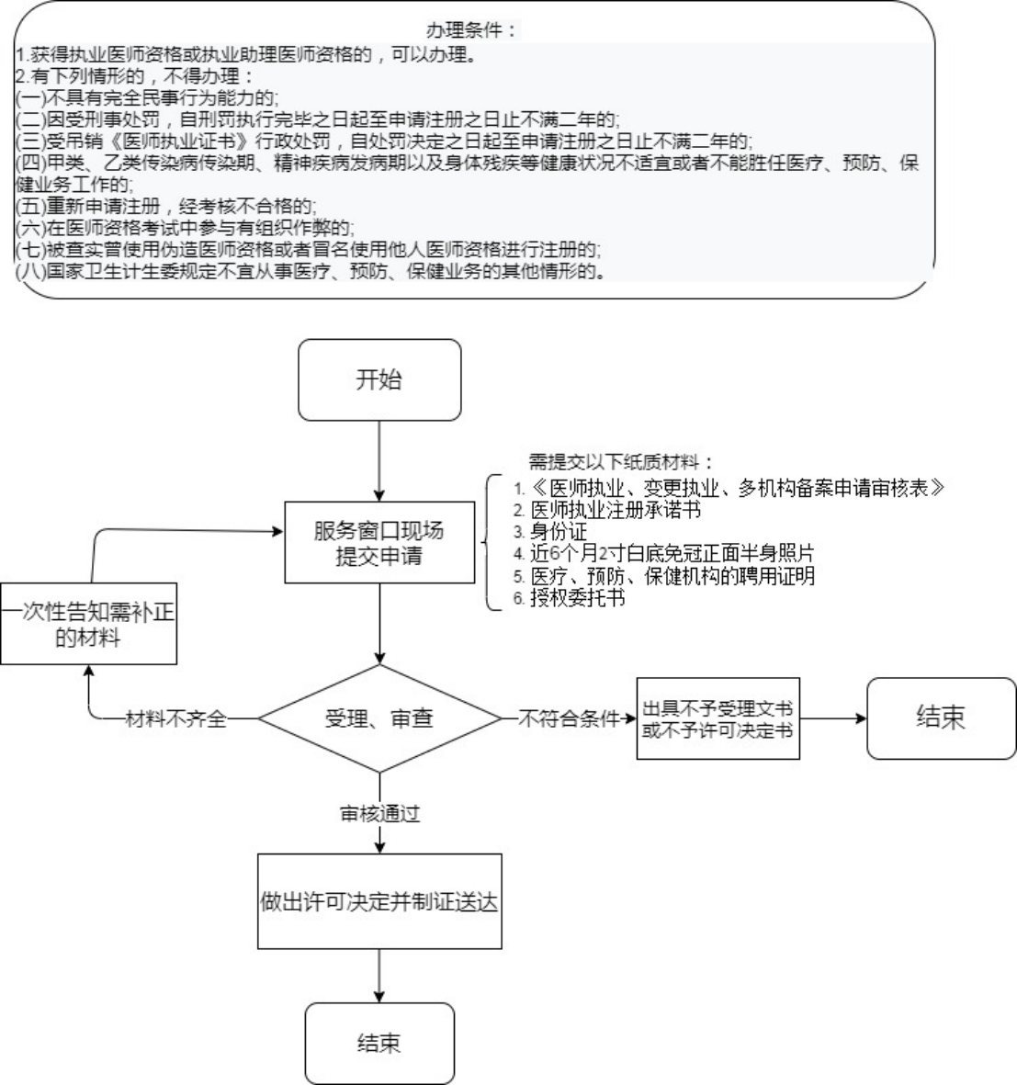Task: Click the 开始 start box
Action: pos(379,380)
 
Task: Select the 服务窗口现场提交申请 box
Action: pos(378,542)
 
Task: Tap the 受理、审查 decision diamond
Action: pos(379,718)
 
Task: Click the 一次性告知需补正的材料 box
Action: pos(88,624)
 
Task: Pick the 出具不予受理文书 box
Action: pos(718,719)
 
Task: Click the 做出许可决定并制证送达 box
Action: pos(379,901)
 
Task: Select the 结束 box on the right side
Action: pos(941,718)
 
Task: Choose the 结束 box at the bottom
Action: pos(379,1043)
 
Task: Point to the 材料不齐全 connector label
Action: pos(175,719)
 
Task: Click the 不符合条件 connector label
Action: pos(570,719)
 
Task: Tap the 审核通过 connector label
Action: pos(379,814)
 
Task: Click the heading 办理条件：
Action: pos(472,31)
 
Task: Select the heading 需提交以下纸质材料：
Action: pos(621,460)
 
